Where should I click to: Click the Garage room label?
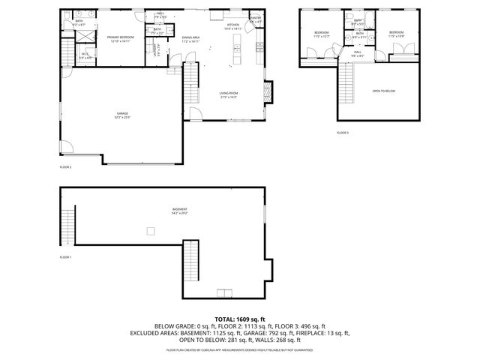tap(122, 114)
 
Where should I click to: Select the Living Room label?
tap(228, 94)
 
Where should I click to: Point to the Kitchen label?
tap(232, 25)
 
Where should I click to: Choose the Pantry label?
tap(256, 17)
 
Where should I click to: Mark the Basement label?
tap(179, 209)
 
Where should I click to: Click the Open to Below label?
tap(383, 91)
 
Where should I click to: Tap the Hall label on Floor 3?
tap(358, 51)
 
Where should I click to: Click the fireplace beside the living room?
tap(269, 92)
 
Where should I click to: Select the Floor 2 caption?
tap(65, 167)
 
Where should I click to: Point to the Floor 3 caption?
tap(343, 133)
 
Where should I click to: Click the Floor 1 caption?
tap(65, 257)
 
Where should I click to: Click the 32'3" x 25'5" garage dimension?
tap(122, 118)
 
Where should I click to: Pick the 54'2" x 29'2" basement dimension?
tap(179, 214)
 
